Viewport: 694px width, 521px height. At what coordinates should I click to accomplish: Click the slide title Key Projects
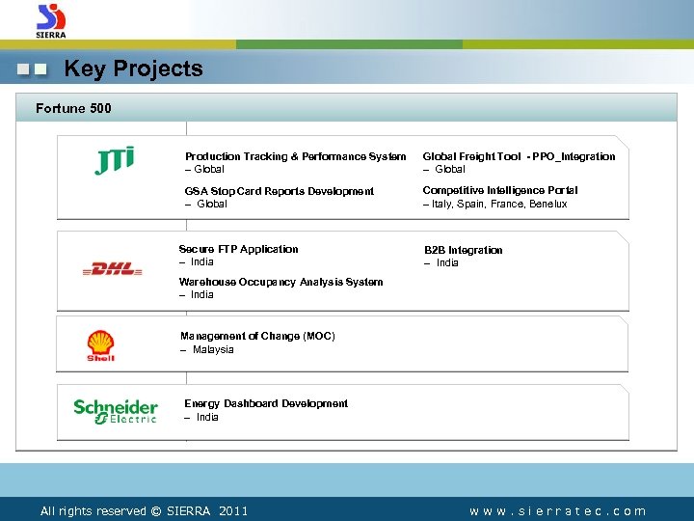133,69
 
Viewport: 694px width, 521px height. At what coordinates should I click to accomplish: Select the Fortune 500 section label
73,108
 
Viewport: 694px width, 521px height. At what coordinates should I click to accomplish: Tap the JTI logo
115,160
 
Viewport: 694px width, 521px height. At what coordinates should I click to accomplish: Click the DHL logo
112,270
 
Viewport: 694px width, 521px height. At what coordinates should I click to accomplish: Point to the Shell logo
100,345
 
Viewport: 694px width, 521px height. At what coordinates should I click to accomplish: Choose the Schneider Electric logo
115,411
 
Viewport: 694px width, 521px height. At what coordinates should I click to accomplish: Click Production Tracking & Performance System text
295,156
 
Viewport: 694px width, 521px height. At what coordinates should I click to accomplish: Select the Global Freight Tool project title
519,156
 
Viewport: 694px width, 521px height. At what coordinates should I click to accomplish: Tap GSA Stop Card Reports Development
280,191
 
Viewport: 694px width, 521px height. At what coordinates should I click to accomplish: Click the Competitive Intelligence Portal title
500,191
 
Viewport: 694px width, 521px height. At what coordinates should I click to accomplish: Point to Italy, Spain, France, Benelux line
495,205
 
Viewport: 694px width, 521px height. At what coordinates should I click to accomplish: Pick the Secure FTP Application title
239,249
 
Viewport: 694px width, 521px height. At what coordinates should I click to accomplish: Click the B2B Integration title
464,250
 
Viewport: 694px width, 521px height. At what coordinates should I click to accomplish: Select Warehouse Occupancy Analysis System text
280,283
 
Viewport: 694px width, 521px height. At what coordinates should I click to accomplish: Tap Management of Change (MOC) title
257,336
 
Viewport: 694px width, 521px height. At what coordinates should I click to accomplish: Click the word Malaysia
212,350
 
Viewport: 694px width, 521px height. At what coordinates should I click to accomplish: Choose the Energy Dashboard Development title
266,403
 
